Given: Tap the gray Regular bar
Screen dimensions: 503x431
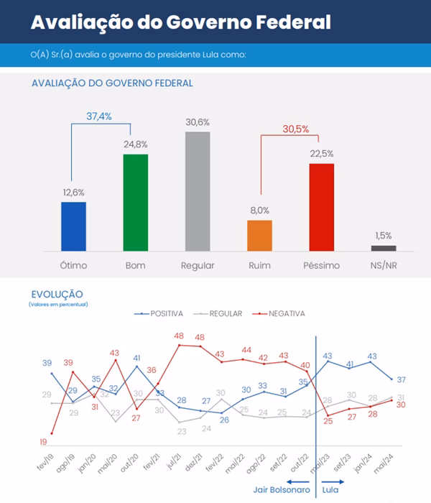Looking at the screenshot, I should tap(198, 191).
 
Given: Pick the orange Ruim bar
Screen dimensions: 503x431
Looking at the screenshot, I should tap(259, 235).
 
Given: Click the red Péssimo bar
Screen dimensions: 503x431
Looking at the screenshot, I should tap(321, 207).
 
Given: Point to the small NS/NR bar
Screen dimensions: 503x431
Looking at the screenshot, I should tap(384, 248).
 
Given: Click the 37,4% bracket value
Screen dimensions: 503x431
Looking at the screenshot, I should tap(99, 116).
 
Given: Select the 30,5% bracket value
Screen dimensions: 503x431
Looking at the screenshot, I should tap(296, 129).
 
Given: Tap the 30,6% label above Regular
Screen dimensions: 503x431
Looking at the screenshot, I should tap(198, 122).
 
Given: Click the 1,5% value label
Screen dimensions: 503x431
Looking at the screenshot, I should tap(384, 236).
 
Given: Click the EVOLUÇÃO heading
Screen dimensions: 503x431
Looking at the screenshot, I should tap(57, 294).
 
